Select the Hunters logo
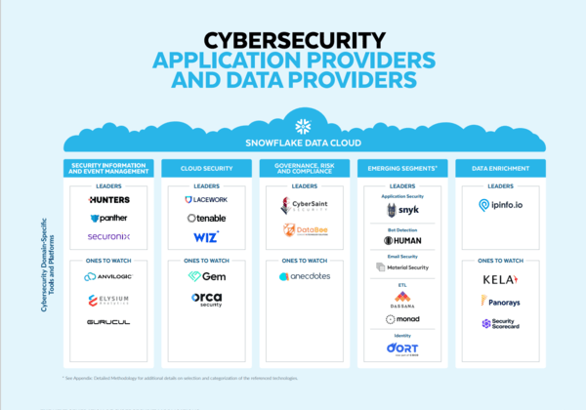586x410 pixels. pos(108,200)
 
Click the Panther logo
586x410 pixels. pos(108,218)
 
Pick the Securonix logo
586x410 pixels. pos(108,236)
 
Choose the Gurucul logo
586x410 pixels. pos(108,321)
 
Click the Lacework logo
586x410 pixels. pos(206,200)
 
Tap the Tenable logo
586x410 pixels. pos(206,218)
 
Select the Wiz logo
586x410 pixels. pos(206,236)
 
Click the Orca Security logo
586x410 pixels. pos(206,299)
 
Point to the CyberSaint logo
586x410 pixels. pos(305,206)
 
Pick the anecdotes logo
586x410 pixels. pos(305,276)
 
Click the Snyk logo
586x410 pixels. pos(402,210)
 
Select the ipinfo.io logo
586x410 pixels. pos(500,205)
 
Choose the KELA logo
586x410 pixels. pos(500,278)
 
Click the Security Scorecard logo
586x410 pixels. pos(500,323)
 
